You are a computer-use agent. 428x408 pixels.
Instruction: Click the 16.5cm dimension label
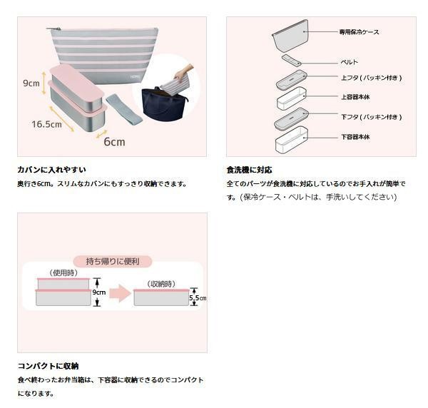[x=46, y=124]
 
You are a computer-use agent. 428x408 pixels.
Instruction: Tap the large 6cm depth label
[x=114, y=142]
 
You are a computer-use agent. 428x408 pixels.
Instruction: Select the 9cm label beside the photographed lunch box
[x=31, y=83]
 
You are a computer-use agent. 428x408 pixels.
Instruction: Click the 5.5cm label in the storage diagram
[x=198, y=297]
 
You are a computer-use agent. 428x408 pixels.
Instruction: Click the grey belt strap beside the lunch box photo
[x=124, y=109]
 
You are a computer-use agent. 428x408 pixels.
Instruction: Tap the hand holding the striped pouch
[x=183, y=72]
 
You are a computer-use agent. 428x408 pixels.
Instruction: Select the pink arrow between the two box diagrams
[x=120, y=293]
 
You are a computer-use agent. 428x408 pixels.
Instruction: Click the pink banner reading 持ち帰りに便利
[x=113, y=262]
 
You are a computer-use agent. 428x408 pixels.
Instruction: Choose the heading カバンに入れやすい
[x=51, y=170]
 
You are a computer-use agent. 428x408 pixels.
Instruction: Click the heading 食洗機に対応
[x=249, y=170]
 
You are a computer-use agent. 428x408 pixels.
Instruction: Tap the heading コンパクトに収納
[x=49, y=366]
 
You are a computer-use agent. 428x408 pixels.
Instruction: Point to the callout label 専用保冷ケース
[x=359, y=32]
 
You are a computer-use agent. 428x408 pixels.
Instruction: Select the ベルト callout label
[x=349, y=63]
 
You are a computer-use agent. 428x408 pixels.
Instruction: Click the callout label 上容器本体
[x=355, y=97]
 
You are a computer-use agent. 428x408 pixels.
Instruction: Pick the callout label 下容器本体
[x=355, y=137]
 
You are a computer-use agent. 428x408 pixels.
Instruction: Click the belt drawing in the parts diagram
[x=292, y=60]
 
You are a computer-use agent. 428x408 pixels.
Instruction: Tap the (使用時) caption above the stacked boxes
[x=63, y=273]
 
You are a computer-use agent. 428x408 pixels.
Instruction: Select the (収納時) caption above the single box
[x=161, y=284]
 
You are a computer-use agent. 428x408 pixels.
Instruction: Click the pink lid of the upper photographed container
[x=77, y=81]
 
